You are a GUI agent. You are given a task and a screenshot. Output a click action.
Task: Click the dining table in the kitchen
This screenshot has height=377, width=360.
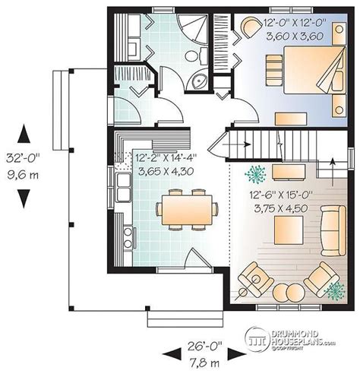pyautogui.click(x=187, y=210)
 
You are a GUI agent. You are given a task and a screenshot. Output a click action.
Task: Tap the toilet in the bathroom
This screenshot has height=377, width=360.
pyautogui.click(x=196, y=55)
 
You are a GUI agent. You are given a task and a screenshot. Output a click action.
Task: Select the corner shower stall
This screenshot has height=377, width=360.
pyautogui.click(x=193, y=28)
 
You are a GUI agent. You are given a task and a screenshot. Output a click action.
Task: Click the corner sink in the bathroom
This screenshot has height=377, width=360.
pyautogui.click(x=199, y=81)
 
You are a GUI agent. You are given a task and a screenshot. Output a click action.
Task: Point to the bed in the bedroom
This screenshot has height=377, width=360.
pyautogui.click(x=314, y=70)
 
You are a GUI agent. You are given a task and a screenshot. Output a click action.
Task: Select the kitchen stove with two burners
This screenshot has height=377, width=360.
pyautogui.click(x=128, y=238)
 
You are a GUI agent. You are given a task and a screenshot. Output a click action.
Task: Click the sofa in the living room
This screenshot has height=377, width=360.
pyautogui.click(x=333, y=230)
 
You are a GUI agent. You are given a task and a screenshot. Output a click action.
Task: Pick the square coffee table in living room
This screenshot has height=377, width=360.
pyautogui.click(x=289, y=230)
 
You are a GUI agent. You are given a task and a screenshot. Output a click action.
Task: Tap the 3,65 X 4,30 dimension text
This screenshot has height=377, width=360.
pyautogui.click(x=166, y=171)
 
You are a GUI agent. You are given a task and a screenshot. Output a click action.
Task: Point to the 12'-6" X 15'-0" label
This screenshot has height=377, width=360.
pyautogui.click(x=281, y=195)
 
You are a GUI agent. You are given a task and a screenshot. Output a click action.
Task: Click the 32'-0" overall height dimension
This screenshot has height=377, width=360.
pyautogui.click(x=23, y=159)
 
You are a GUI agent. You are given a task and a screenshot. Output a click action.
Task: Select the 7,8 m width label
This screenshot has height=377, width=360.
pyautogui.click(x=204, y=363)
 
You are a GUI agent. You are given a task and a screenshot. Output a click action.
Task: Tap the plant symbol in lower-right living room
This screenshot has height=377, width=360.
pyautogui.click(x=336, y=290)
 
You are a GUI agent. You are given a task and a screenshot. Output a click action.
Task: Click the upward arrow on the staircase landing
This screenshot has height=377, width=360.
pyautogui.click(x=333, y=173)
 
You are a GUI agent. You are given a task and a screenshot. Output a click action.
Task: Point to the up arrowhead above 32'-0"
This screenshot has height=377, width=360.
pyautogui.click(x=24, y=134)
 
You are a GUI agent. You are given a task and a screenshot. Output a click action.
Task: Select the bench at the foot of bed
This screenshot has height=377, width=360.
pyautogui.click(x=291, y=119)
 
